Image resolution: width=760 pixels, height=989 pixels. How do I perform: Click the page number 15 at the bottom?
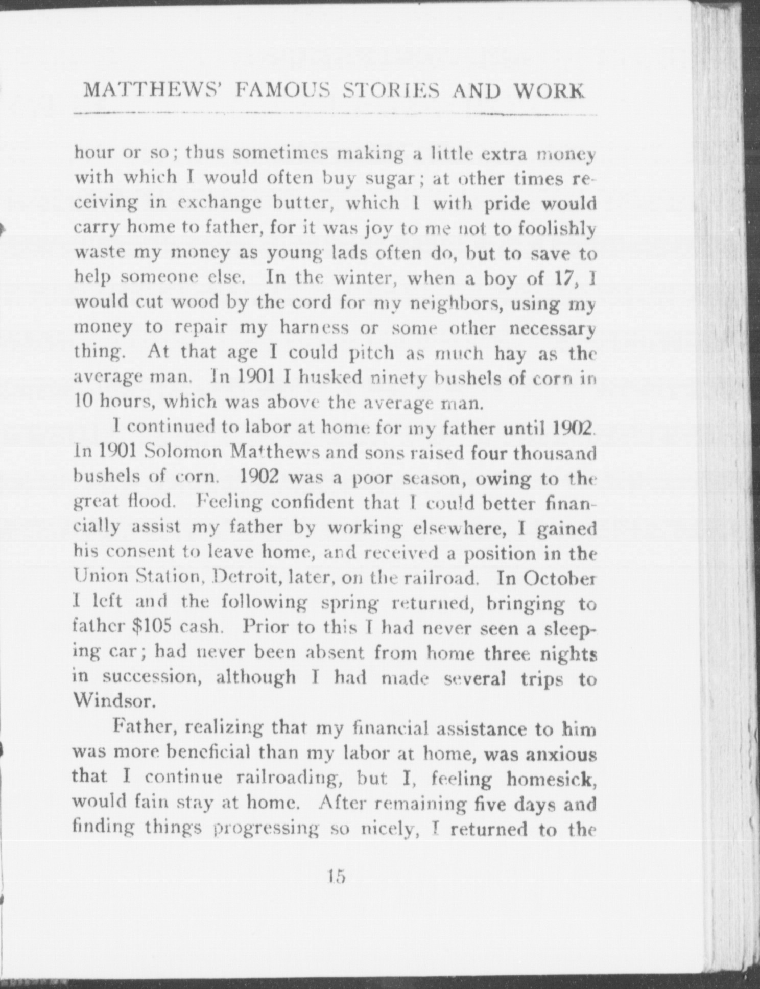tap(337, 877)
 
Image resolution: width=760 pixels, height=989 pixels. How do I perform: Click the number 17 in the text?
tap(563, 279)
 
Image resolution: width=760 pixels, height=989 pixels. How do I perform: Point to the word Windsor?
tap(113, 701)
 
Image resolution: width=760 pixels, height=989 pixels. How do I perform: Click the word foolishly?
tap(557, 229)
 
